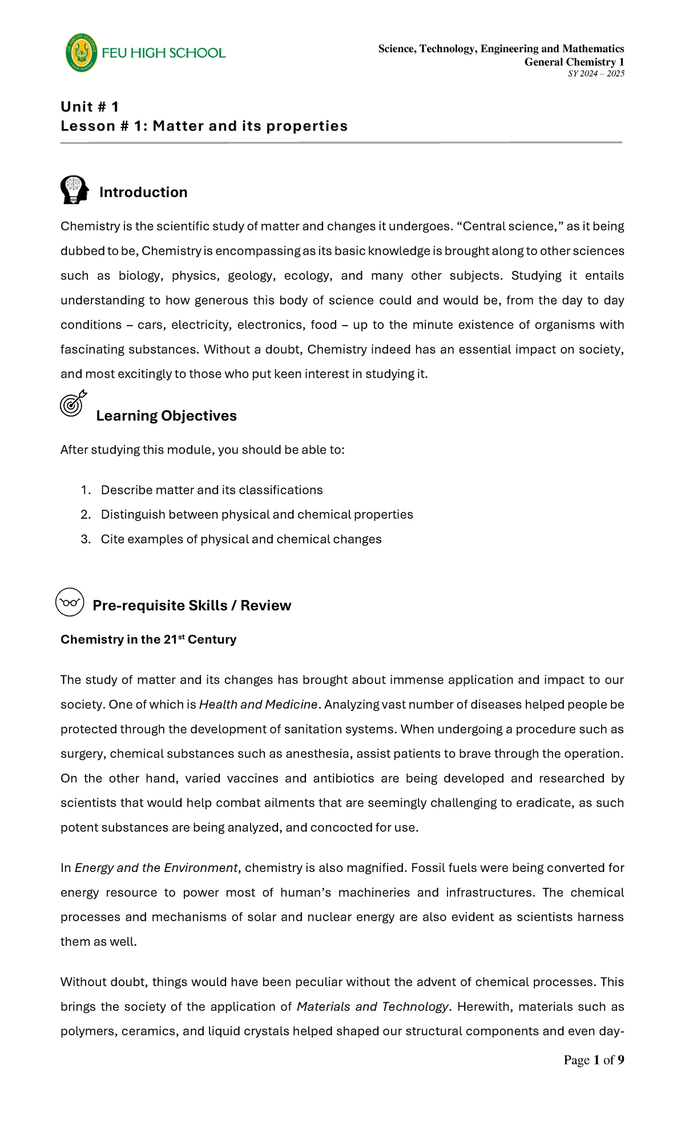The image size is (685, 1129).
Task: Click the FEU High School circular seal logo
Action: [81, 53]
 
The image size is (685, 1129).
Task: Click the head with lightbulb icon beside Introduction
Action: [75, 190]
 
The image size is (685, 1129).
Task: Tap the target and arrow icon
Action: [73, 403]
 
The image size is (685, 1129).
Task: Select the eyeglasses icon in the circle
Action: [70, 602]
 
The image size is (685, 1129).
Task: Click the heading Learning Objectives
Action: [166, 415]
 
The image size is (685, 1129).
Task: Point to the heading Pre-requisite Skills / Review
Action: [192, 605]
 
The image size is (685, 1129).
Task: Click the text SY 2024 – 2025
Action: [596, 74]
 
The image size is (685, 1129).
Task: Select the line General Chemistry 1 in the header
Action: [574, 62]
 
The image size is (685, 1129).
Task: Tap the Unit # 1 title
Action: [90, 107]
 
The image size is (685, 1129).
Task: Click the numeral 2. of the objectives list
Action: [86, 514]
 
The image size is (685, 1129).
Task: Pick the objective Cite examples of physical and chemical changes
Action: [241, 539]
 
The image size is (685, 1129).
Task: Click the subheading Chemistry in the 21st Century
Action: [148, 639]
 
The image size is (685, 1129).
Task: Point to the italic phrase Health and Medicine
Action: [258, 704]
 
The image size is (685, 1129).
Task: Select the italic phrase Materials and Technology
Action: [373, 1007]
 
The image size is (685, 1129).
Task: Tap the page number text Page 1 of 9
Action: [594, 1060]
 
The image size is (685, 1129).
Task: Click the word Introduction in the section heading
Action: [143, 192]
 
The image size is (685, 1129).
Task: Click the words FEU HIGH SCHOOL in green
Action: [164, 53]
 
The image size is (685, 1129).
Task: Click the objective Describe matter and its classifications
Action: [212, 490]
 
